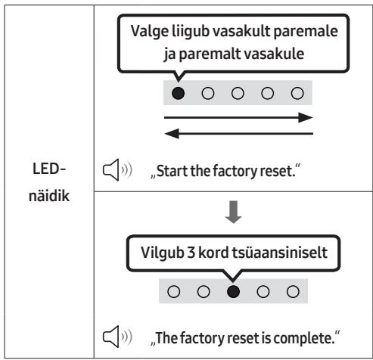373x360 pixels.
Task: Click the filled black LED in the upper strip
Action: coord(178,93)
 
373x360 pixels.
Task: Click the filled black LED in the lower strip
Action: coord(233,292)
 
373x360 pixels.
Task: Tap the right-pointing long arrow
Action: coord(238,117)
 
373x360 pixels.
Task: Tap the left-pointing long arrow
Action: coord(238,134)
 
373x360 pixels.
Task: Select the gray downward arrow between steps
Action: coord(234,212)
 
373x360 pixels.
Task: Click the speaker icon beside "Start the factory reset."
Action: coord(117,170)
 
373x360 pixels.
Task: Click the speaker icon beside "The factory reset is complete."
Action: coord(117,337)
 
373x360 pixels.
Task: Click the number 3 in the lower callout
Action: coord(191,253)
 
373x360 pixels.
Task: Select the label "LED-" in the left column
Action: coord(49,169)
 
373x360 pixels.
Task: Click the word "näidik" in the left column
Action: coord(49,196)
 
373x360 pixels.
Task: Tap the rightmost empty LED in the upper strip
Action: coord(297,93)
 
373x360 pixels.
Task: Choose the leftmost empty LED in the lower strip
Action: coord(174,292)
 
